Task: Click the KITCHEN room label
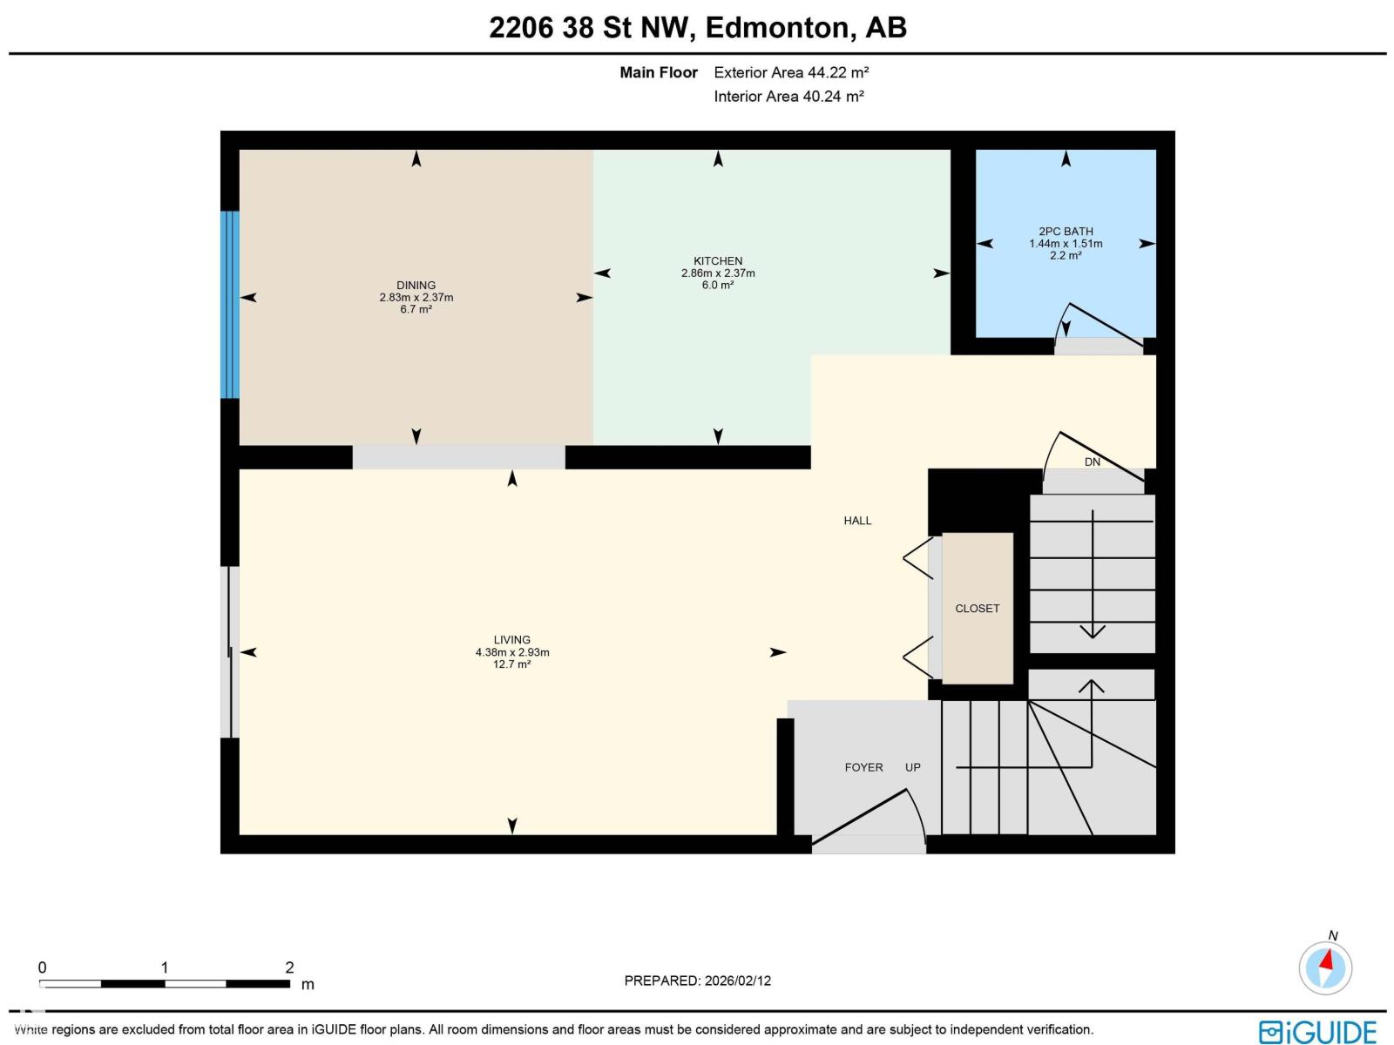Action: coord(718,261)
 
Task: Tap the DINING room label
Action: coord(416,286)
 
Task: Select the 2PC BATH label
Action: coord(1066,232)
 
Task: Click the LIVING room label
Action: coord(511,640)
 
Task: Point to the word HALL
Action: coord(857,521)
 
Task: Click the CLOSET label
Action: coord(977,609)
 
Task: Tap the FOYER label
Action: coord(863,767)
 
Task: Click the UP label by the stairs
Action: coord(912,767)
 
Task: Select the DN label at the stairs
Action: coord(1093,462)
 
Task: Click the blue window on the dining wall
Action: coord(230,304)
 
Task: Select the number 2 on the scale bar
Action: coord(289,967)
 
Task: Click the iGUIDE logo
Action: coord(1317,1031)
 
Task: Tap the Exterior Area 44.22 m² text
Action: coord(791,73)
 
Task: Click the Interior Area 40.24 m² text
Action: coord(788,97)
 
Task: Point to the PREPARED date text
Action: coord(697,981)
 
